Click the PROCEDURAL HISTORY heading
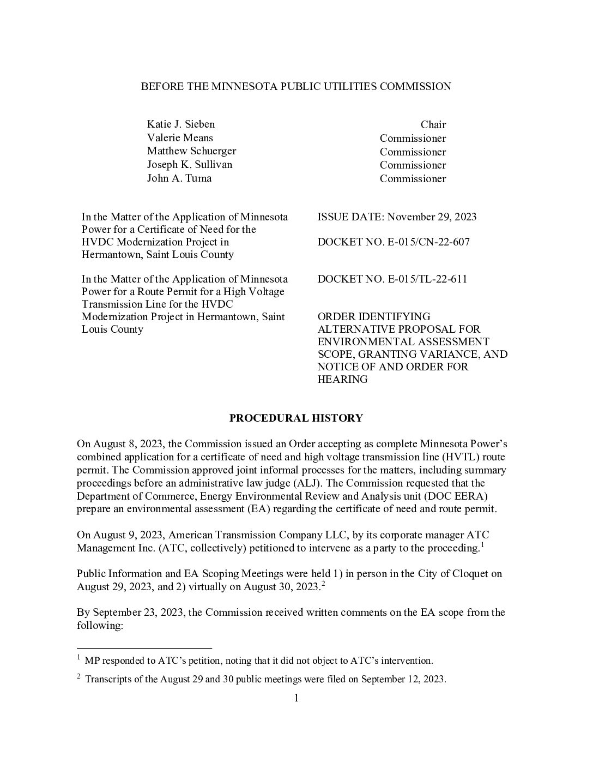tap(295, 418)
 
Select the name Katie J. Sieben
tap(180, 124)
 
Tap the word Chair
tap(433, 125)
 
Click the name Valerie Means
tap(180, 138)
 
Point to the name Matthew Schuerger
tap(191, 151)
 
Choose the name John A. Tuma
tap(179, 178)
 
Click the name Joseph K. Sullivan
tap(189, 165)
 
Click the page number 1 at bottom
tap(296, 698)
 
